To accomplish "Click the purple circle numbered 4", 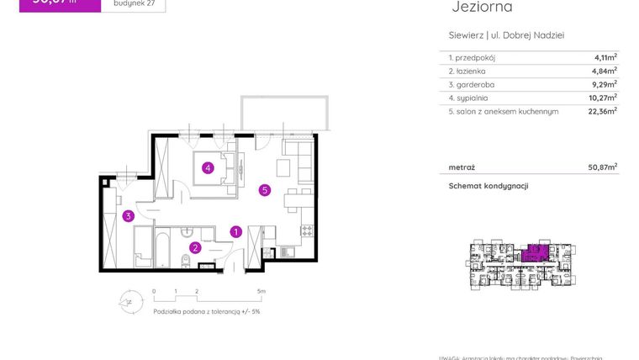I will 207,167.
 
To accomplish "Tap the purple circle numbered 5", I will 264,190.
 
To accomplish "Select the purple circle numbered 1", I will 236,231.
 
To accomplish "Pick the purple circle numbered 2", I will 194,247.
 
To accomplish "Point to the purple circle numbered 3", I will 128,216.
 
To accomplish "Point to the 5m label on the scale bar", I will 261,292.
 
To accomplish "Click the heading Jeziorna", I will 482,8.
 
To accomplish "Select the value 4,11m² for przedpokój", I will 603,57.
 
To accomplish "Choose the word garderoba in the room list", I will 475,84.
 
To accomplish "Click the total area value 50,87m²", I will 601,167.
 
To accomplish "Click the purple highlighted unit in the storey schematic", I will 531,252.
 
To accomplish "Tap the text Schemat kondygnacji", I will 488,186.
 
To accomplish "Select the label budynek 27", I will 132,3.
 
